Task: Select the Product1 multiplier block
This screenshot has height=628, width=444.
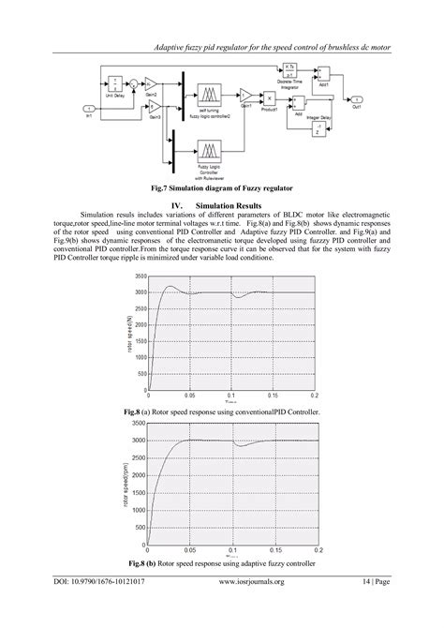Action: [x=269, y=97]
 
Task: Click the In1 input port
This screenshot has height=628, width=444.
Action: [x=88, y=110]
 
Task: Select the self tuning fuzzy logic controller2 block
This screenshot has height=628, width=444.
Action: [x=210, y=97]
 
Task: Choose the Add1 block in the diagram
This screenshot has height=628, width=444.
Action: [x=323, y=72]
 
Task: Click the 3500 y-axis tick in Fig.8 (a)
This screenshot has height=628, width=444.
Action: [x=140, y=277]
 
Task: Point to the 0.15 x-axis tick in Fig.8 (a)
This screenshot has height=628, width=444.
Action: [x=274, y=397]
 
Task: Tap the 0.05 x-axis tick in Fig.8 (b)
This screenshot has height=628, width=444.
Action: [x=191, y=550]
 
